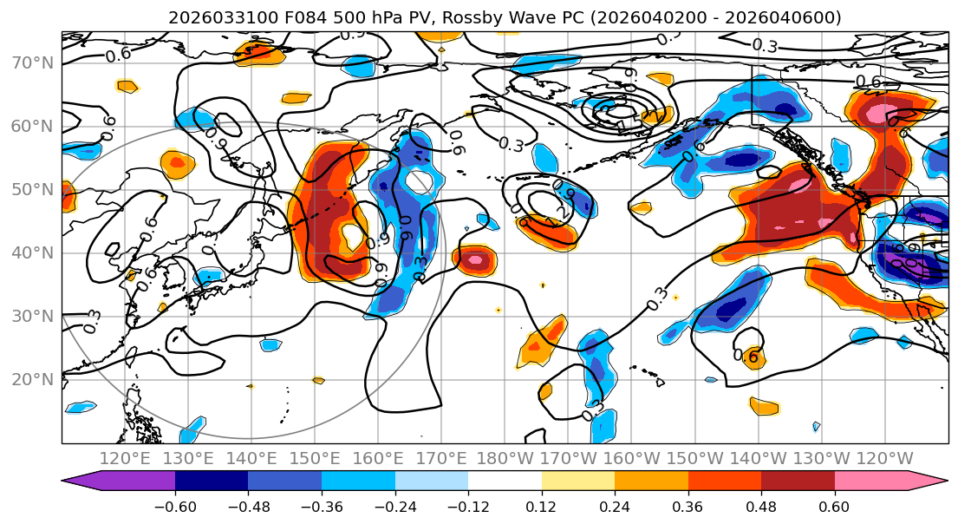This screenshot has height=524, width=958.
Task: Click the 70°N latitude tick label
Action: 30,62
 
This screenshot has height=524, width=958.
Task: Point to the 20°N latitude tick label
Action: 30,379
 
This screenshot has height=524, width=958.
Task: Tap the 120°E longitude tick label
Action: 126,458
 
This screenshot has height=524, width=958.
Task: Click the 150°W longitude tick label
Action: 695,458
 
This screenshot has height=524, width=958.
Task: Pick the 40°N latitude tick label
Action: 30,252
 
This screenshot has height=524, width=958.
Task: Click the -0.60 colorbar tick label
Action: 174,506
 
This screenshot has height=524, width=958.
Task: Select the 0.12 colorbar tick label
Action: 542,506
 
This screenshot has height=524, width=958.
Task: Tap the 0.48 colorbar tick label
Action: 761,506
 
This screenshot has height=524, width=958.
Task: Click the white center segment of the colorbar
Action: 505,481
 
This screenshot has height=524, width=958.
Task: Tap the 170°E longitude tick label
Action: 441,458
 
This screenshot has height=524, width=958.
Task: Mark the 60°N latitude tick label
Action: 30,126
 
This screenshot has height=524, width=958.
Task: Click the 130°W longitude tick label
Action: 822,458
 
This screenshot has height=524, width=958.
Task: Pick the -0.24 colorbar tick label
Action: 394,506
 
